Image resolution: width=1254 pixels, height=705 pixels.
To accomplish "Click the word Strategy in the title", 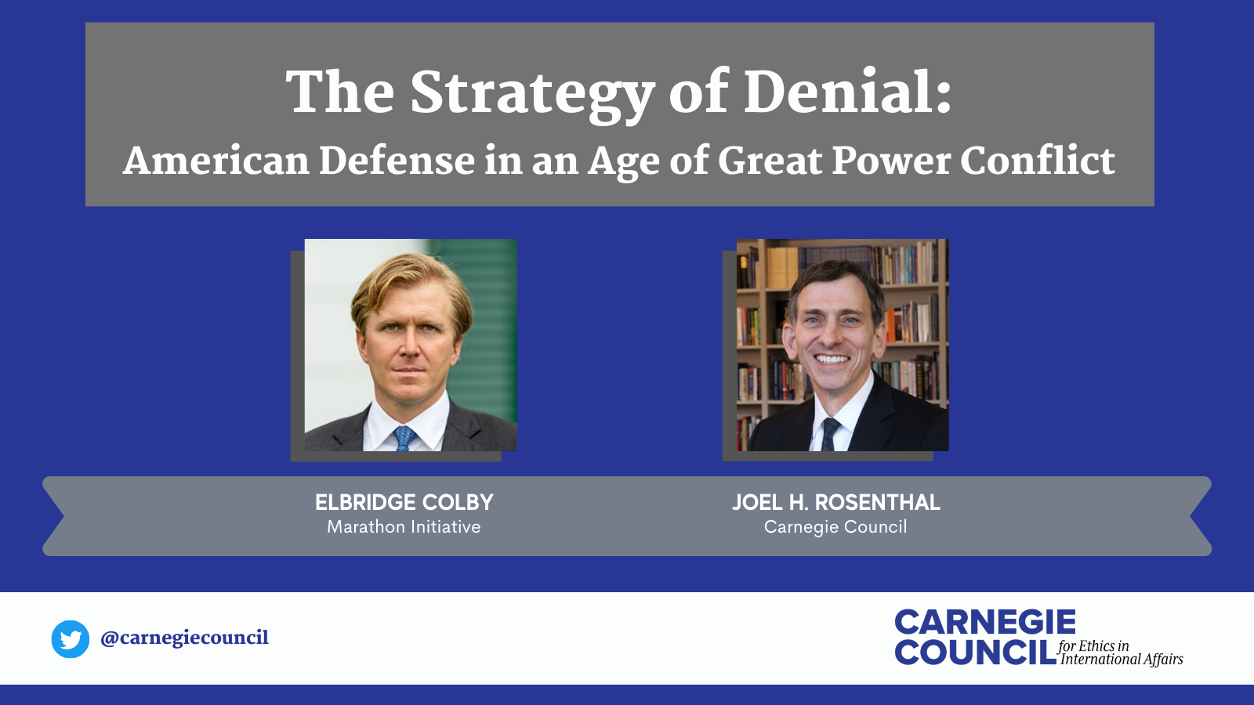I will pos(532,94).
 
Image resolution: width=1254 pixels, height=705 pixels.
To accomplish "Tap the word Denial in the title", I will pos(846,92).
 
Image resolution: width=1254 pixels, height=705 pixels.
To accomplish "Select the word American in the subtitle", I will pos(216,161).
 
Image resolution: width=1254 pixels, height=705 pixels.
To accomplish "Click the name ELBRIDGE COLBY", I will pos(404,502).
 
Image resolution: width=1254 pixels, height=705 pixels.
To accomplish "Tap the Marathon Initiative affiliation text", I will pos(404,527).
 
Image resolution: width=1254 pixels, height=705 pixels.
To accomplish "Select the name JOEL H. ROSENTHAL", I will pos(835,502).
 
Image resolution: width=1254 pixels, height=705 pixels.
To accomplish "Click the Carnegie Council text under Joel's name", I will pos(835,527).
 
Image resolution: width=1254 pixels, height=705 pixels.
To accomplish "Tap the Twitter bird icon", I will pos(71,639).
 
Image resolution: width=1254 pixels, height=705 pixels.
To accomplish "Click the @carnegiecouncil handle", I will pos(185,638).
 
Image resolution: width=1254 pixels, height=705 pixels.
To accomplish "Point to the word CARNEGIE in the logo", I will pos(985,623).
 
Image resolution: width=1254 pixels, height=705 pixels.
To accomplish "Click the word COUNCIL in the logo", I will pos(976,653).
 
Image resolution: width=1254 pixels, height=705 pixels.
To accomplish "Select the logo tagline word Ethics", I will pos(1096,646).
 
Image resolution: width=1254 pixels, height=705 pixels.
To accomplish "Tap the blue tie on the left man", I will pos(404,437).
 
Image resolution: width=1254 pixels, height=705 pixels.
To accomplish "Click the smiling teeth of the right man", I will pos(832,360).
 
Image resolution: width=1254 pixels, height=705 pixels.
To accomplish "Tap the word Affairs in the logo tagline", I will pos(1163,660).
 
